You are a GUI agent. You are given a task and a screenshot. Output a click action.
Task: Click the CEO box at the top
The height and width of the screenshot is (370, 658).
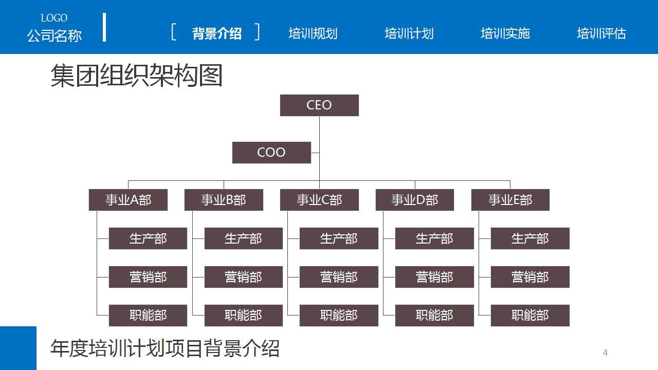click(319, 105)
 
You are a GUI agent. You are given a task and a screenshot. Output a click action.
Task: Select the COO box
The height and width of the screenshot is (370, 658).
click(271, 153)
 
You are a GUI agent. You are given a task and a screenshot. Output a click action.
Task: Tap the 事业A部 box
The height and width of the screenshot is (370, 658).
click(128, 200)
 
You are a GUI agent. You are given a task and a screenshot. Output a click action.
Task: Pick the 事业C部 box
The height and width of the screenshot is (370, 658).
click(319, 200)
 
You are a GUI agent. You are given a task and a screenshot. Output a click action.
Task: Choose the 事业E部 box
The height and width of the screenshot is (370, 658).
click(510, 200)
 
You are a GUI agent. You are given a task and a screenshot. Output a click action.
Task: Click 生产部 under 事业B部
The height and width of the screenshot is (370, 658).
click(243, 238)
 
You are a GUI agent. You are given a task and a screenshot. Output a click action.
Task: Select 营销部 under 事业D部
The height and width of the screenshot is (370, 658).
click(434, 277)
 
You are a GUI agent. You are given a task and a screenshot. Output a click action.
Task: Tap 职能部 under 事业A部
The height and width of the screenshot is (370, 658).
click(148, 316)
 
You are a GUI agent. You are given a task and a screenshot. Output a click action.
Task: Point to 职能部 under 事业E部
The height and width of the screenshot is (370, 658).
click(530, 316)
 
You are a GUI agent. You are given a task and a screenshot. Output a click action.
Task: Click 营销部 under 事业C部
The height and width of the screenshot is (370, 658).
click(339, 277)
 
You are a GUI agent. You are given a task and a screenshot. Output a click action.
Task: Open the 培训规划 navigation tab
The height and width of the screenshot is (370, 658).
click(313, 34)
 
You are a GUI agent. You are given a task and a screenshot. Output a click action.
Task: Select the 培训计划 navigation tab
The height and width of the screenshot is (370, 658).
click(409, 34)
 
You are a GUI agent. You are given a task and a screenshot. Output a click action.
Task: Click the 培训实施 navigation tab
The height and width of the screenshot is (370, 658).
click(505, 34)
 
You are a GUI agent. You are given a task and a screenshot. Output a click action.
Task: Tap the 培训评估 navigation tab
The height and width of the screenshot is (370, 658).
click(601, 34)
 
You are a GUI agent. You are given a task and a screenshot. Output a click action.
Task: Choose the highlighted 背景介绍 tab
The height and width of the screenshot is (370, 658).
click(216, 34)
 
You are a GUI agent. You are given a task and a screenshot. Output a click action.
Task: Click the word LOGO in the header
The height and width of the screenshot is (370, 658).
click(54, 18)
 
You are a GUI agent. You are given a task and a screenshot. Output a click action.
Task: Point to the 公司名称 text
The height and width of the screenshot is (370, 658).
click(54, 36)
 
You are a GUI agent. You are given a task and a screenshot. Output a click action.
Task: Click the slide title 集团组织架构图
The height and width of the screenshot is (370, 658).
click(136, 76)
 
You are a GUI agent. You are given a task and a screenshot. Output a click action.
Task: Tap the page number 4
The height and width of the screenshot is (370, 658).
click(605, 353)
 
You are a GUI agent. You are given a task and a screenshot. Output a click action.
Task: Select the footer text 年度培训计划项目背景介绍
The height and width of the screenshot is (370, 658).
click(164, 348)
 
